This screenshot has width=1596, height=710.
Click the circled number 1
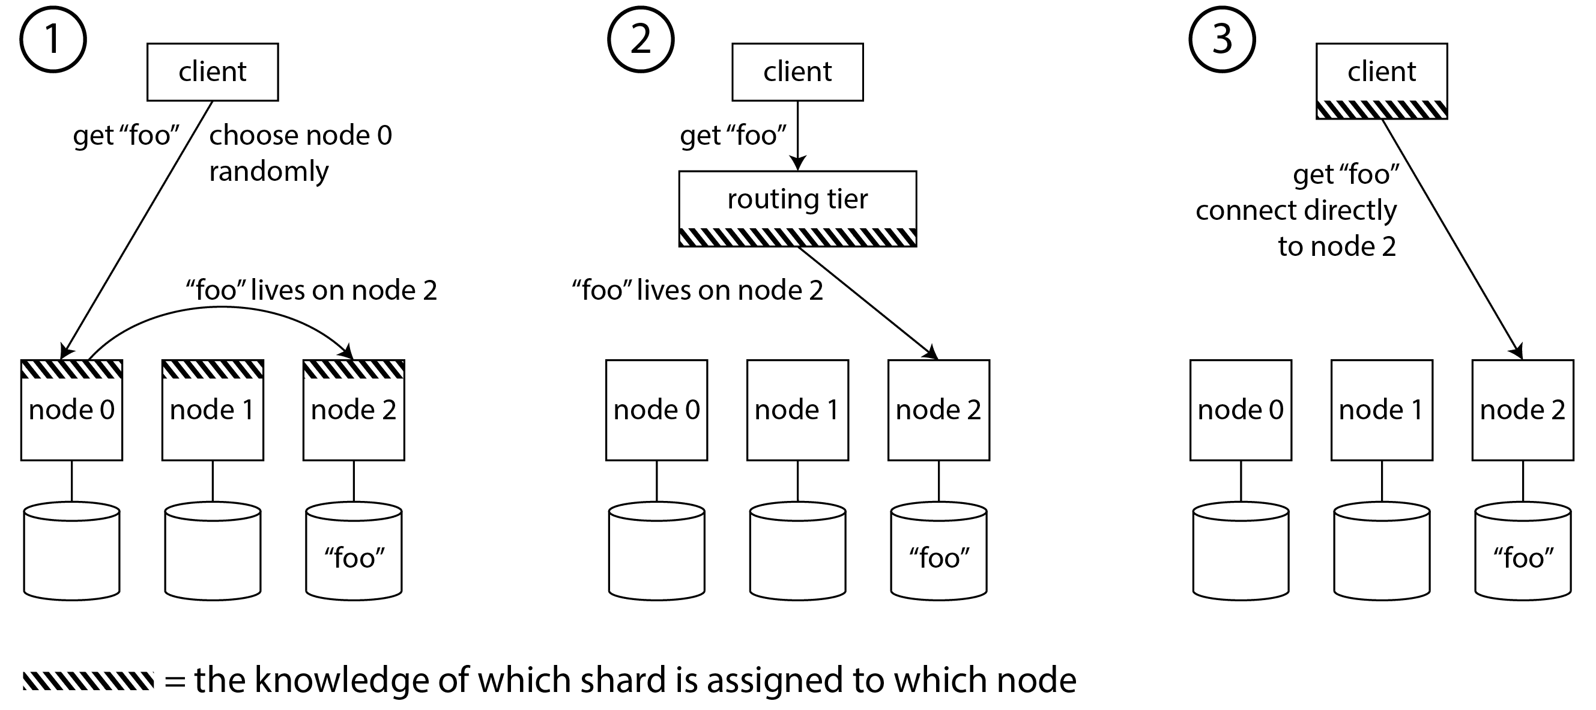[x=53, y=40]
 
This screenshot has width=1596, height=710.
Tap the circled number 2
[x=640, y=40]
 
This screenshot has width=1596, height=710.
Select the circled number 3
[x=1222, y=40]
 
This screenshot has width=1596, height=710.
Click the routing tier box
[x=797, y=200]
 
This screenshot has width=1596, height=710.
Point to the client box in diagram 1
[x=213, y=72]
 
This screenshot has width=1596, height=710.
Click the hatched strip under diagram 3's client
[x=1382, y=110]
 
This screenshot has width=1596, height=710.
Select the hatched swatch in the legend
[x=88, y=680]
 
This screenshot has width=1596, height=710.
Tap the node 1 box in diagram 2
[x=797, y=410]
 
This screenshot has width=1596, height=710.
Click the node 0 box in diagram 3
[x=1241, y=410]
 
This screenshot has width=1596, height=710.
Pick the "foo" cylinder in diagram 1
[x=354, y=551]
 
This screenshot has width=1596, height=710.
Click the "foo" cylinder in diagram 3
[x=1523, y=551]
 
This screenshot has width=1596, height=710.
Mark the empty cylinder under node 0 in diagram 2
[x=657, y=551]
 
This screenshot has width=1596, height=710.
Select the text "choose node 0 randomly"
[x=300, y=153]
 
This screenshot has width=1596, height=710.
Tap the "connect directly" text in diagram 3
[x=1296, y=211]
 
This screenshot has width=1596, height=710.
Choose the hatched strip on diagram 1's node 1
[x=213, y=370]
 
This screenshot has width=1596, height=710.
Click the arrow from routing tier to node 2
[x=868, y=303]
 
